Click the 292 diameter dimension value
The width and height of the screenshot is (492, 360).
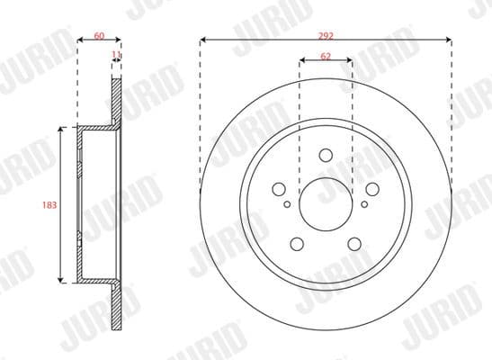[326, 35]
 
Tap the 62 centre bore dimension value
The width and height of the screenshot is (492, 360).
[326, 56]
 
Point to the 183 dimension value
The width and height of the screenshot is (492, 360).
[49, 205]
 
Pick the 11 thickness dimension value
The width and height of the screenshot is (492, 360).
[115, 56]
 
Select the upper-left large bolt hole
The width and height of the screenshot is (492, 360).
[279, 189]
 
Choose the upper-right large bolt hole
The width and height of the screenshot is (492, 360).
[372, 189]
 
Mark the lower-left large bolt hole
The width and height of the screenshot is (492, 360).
[297, 243]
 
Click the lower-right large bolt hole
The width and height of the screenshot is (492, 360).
[354, 243]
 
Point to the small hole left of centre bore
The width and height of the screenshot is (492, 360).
[287, 205]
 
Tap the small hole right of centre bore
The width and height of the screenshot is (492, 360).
[364, 205]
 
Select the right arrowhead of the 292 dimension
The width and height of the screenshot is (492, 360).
[447, 40]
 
